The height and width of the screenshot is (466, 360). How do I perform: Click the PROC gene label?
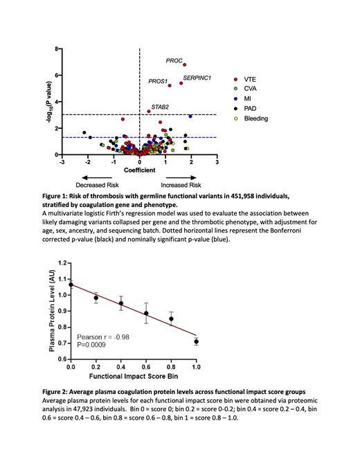(x=174, y=61)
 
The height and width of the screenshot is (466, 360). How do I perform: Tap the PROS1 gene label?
(x=158, y=82)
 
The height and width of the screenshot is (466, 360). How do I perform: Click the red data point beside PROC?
(x=185, y=64)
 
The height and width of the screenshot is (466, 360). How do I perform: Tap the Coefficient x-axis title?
(x=139, y=170)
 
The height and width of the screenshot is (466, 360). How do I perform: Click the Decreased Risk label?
(x=96, y=186)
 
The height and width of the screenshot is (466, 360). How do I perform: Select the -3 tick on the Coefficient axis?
(x=62, y=163)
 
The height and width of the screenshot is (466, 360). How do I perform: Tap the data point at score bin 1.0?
(x=196, y=341)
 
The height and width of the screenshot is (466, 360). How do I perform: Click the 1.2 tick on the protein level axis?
(x=59, y=263)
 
